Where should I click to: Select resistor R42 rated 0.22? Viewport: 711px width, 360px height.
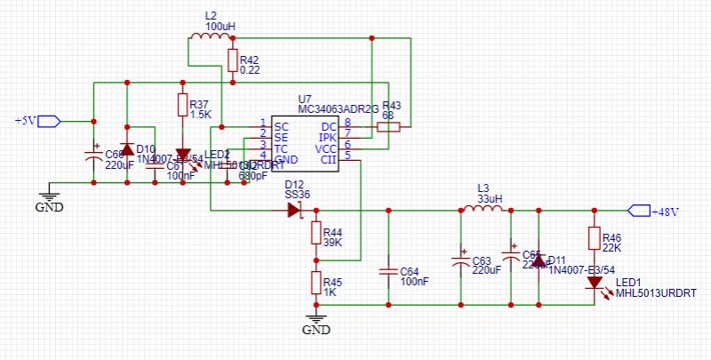click(x=232, y=60)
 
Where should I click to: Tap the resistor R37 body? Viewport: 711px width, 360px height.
click(x=183, y=107)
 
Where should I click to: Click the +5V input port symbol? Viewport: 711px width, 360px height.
click(x=50, y=120)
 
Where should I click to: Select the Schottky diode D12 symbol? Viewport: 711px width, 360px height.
click(x=295, y=211)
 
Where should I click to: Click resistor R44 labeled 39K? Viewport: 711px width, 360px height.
click(x=315, y=233)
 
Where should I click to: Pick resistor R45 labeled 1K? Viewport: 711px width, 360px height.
click(x=315, y=283)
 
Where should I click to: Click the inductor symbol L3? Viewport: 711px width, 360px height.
click(x=483, y=210)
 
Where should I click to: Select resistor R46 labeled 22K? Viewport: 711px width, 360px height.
click(x=593, y=238)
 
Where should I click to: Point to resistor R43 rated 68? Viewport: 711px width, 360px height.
click(x=388, y=127)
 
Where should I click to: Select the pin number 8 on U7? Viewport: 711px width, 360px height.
click(x=348, y=122)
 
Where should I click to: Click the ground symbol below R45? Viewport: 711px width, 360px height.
click(x=315, y=316)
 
